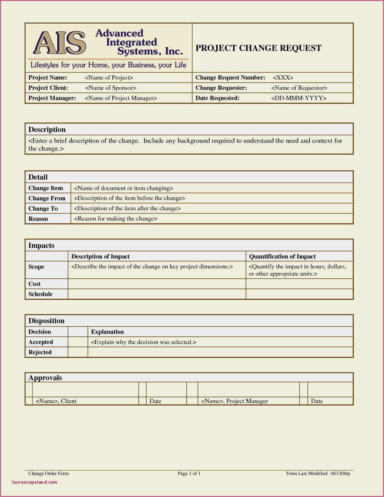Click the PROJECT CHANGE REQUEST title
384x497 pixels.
[x=258, y=48]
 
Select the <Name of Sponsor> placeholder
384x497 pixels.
[x=111, y=88]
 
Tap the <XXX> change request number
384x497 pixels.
[x=283, y=78]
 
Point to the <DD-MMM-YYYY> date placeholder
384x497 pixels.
[x=298, y=98]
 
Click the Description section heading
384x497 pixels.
[x=47, y=130]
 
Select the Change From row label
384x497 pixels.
[x=47, y=198]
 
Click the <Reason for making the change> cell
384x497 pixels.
[x=116, y=219]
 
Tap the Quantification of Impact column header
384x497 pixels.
[x=282, y=256]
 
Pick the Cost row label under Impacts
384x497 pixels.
[x=34, y=284]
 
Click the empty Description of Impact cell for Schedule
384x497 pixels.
[x=157, y=294]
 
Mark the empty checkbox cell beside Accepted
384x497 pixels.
[x=78, y=342]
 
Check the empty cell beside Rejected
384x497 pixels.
[x=78, y=352]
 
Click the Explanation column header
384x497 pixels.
[x=107, y=332]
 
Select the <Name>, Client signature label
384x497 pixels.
[x=56, y=401]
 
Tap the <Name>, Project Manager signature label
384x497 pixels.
[x=234, y=401]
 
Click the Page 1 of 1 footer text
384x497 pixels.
[x=189, y=473]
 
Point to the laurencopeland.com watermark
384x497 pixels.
[x=34, y=482]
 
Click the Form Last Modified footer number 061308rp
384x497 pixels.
[x=340, y=473]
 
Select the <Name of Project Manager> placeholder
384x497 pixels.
[x=121, y=98]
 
